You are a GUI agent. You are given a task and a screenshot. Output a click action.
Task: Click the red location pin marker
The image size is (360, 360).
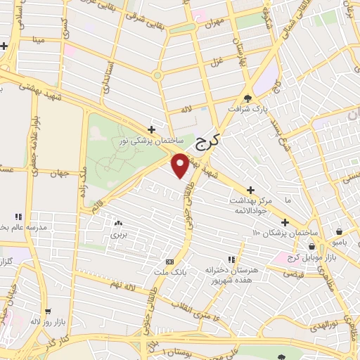point(180,164)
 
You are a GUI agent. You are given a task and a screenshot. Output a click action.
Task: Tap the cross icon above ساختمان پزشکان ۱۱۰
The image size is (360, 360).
point(286,219)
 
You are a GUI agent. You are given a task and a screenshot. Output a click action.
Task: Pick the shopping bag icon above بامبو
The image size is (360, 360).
point(339,231)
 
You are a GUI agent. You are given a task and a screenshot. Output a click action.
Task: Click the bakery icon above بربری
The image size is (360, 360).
point(118,223)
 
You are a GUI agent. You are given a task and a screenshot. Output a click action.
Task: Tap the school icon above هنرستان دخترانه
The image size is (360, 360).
point(230,259)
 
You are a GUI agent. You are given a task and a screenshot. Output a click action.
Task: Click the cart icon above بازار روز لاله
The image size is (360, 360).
point(48,311)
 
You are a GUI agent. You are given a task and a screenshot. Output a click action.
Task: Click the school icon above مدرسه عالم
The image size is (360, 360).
point(18,217)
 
